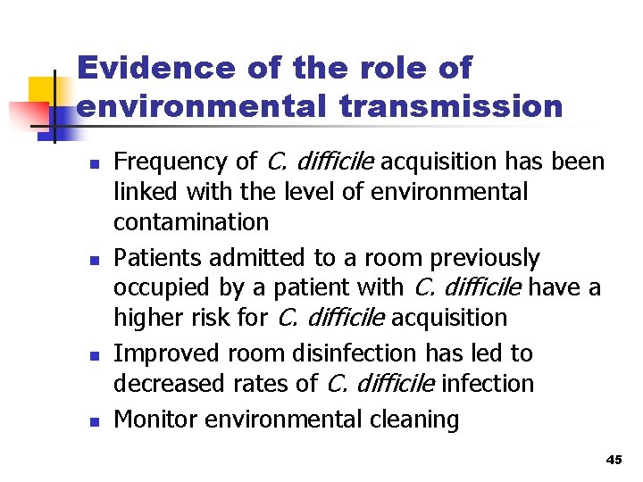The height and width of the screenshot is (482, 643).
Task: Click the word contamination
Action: pos(191,221)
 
